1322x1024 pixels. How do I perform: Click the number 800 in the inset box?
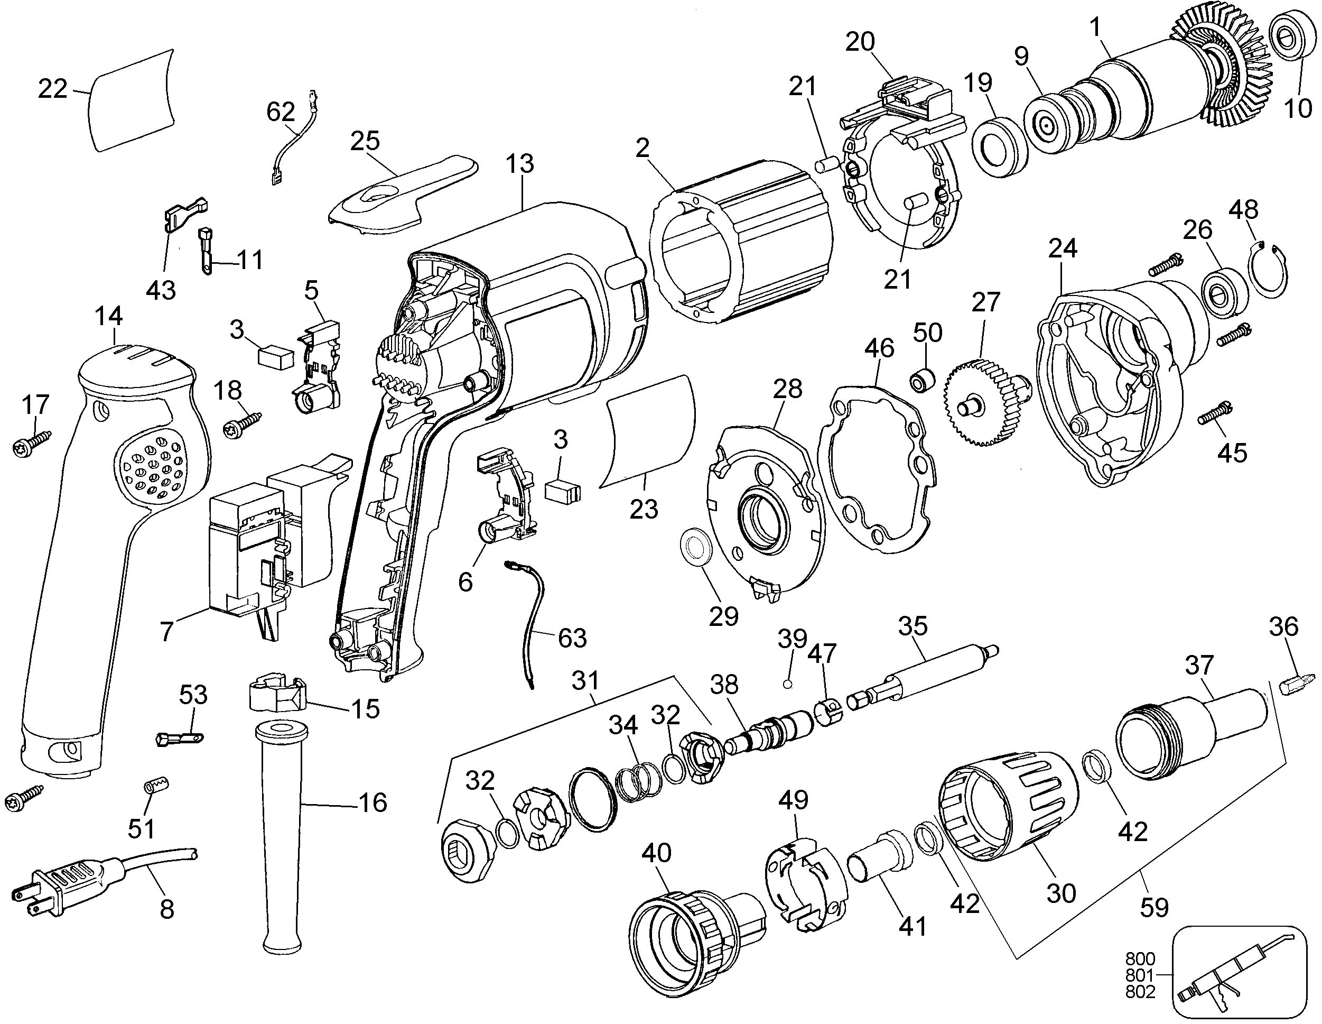[1140, 958]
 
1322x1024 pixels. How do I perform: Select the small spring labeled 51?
[156, 788]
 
